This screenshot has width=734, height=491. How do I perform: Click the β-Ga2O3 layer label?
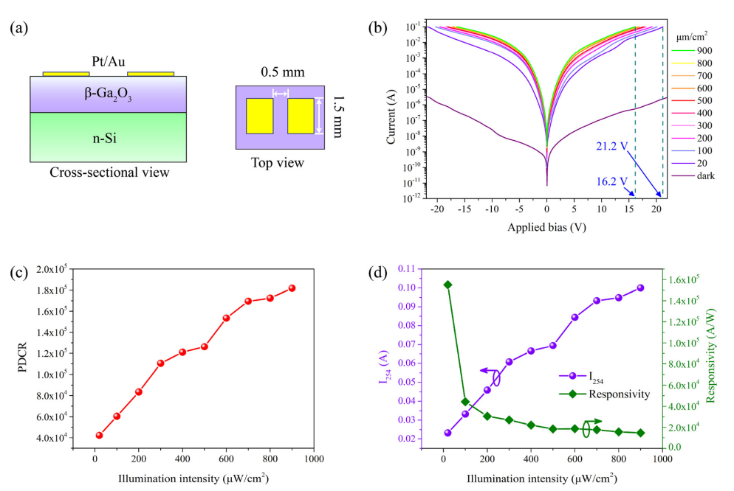(109, 94)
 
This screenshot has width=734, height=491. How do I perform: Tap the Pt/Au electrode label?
(109, 64)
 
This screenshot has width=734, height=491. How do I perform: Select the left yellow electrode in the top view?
(259, 116)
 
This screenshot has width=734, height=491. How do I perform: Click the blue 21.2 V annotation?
(611, 147)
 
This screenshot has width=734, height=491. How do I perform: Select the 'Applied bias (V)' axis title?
(546, 227)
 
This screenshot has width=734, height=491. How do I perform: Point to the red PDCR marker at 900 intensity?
(292, 288)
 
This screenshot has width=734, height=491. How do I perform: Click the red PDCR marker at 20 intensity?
(99, 435)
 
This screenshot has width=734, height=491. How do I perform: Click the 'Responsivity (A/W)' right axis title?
(713, 354)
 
